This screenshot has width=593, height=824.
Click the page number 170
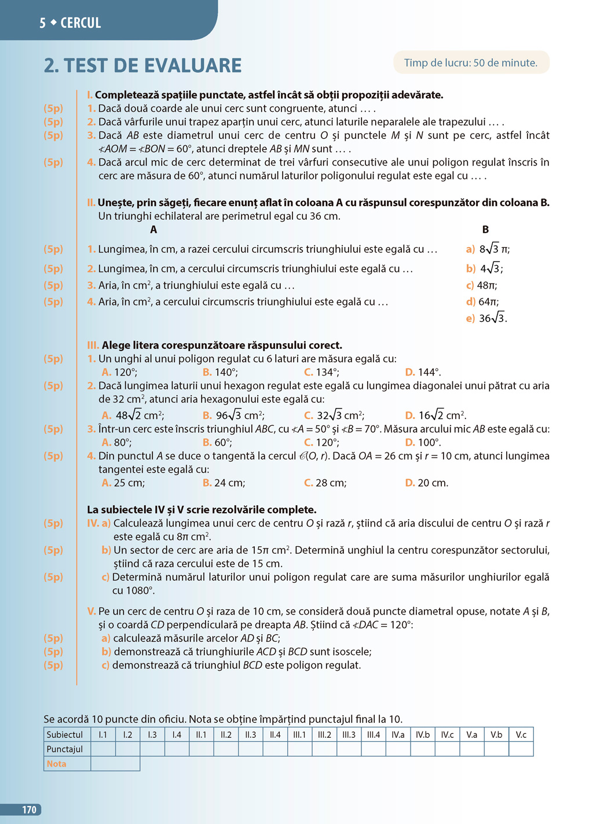[29, 810]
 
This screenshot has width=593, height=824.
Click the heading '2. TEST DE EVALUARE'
[142, 65]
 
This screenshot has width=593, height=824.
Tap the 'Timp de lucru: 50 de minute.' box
[471, 62]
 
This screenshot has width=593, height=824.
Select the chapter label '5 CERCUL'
[70, 23]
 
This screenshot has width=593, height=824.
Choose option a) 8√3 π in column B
[488, 249]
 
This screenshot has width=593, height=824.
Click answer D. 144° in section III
[423, 372]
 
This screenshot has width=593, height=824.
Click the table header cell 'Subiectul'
[65, 734]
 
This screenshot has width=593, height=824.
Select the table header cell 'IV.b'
[423, 734]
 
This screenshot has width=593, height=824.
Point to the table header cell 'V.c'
[521, 734]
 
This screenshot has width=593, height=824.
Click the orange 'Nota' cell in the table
[57, 764]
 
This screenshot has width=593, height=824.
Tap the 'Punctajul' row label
[65, 749]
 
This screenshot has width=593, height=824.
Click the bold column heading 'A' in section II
[153, 230]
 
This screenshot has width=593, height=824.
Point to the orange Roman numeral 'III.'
[93, 345]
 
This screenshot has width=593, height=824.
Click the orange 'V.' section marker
[91, 611]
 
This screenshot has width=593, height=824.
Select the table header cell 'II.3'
[251, 734]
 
